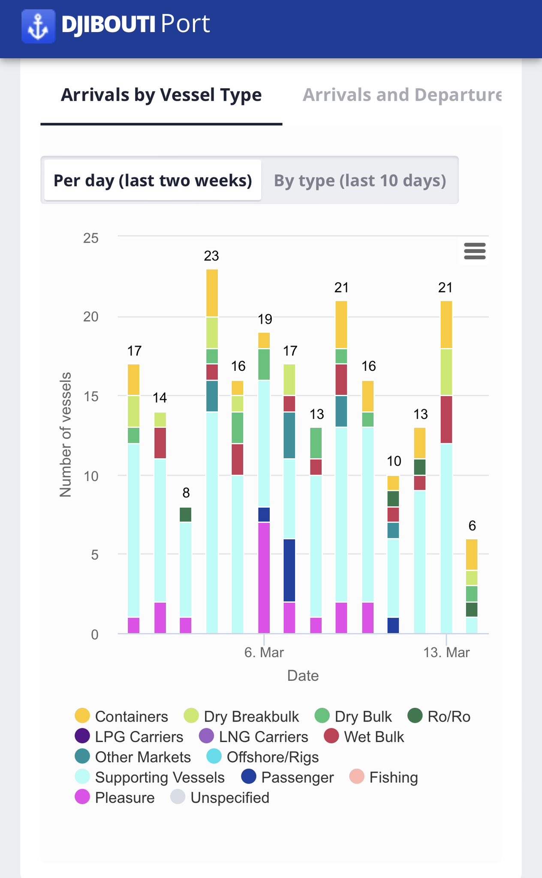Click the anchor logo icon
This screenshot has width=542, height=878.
pos(38,27)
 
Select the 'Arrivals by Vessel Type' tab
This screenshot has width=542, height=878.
pos(161,95)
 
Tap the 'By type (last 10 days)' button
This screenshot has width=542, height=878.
pos(360,180)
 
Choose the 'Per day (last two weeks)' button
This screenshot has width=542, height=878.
pos(153,180)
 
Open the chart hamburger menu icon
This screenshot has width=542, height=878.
pos(475,251)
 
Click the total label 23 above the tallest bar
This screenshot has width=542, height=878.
pos(211,256)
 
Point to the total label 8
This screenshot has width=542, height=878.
pos(186,493)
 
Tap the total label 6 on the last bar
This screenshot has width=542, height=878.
pos(472,526)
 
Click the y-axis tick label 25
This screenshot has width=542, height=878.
pos(91,238)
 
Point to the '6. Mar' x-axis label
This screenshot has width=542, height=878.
pos(264,652)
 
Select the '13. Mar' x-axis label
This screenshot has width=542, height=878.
pos(446,652)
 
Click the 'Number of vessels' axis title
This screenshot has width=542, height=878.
pos(66,434)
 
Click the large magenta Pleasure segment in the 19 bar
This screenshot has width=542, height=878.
pos(264,577)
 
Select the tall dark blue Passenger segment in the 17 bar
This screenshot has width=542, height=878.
pos(289,570)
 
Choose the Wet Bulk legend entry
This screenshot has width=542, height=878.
pos(364,737)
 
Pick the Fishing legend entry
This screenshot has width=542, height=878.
pos(383,777)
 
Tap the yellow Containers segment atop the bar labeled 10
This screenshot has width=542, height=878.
pos(393,483)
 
